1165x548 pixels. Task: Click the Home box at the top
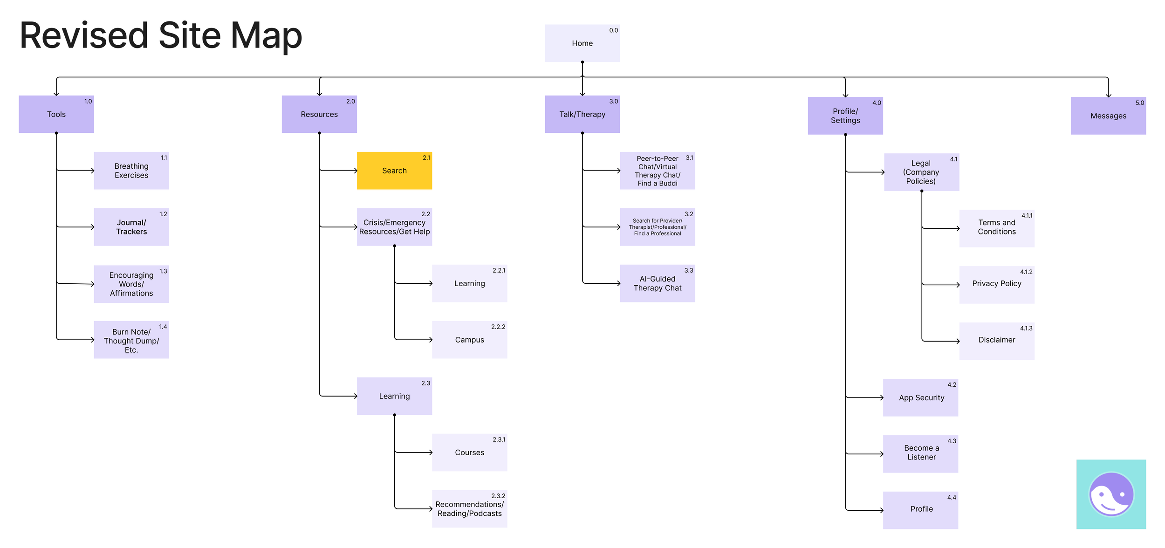coord(582,43)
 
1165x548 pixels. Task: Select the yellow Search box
coord(394,171)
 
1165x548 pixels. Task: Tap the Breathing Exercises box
coord(131,171)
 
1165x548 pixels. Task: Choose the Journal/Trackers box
coord(131,227)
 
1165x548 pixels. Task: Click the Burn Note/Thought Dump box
coord(131,340)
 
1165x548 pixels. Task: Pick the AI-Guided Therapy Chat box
coord(657,283)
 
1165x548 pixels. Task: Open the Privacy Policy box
coord(996,284)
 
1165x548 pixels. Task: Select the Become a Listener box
coord(921,453)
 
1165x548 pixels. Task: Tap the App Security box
coord(921,397)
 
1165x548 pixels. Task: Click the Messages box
coord(1108,116)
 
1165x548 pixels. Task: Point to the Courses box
coord(469,452)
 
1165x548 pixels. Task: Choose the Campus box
coord(469,340)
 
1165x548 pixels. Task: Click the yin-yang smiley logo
coord(1111,494)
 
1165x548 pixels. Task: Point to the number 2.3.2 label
coord(498,496)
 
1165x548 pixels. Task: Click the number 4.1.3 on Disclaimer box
coord(1026,328)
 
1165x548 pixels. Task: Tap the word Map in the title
coord(266,36)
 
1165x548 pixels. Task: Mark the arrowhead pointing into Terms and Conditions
coord(958,228)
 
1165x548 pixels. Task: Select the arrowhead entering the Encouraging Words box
coord(93,284)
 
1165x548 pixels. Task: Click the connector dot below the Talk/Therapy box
coord(582,133)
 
